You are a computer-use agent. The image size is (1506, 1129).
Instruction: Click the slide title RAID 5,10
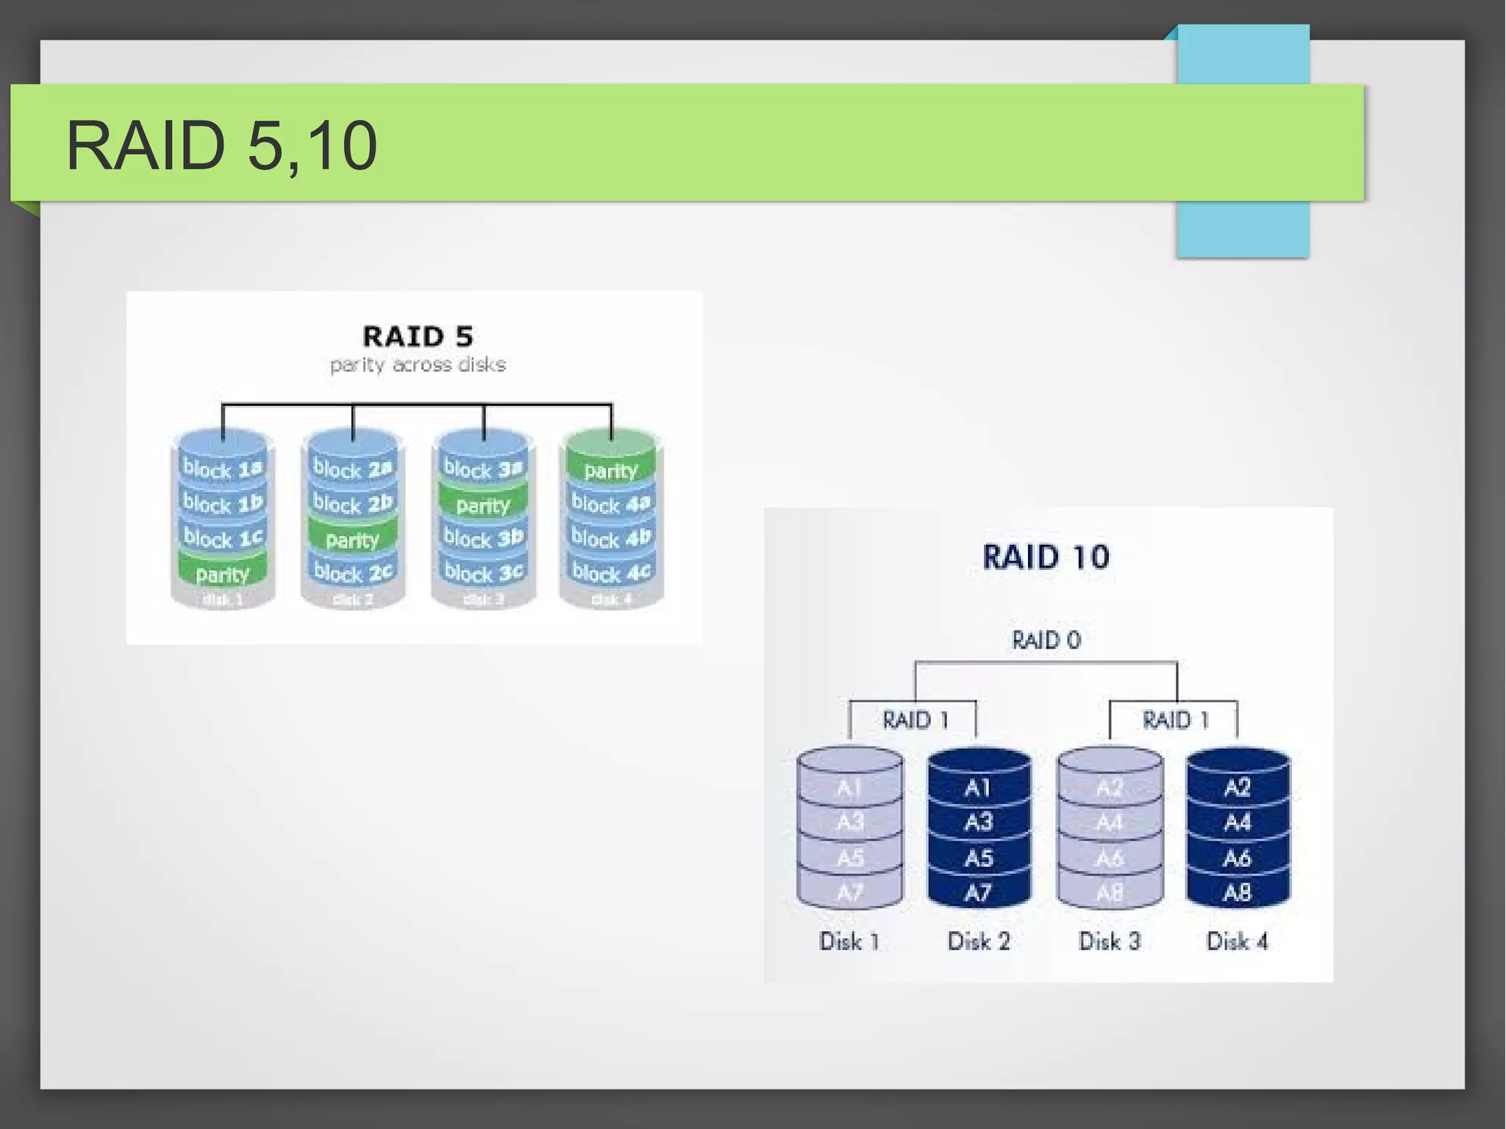[x=221, y=145]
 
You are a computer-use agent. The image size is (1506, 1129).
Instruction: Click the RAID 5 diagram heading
[x=417, y=336]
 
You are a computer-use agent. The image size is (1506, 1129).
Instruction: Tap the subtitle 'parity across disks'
[x=417, y=364]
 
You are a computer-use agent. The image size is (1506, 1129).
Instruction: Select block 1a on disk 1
[x=222, y=469]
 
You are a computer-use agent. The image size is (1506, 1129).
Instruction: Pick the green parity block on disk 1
[x=222, y=574]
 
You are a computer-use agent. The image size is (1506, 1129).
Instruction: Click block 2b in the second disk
[x=352, y=504]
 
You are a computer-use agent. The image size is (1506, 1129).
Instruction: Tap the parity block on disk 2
[x=352, y=540]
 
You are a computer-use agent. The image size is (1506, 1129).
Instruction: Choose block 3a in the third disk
[x=482, y=469]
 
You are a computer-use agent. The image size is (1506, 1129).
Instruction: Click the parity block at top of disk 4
[x=610, y=470]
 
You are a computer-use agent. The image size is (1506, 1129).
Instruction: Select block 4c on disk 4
[x=610, y=572]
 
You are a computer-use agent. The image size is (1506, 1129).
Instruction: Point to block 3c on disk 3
[x=482, y=572]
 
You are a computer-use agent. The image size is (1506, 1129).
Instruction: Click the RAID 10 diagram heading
[x=1046, y=557]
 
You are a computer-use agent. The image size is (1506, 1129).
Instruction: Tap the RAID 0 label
[x=1046, y=640]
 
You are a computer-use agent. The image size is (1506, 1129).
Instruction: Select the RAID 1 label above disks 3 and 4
[x=1175, y=719]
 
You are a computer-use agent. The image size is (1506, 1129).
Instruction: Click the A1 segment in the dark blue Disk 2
[x=978, y=788]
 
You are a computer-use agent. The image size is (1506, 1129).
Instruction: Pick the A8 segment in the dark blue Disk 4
[x=1237, y=893]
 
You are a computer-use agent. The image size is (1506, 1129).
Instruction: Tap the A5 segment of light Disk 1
[x=849, y=858]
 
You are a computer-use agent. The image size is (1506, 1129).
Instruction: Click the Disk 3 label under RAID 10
[x=1109, y=941]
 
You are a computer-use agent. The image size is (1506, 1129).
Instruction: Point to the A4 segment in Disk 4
[x=1237, y=822]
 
